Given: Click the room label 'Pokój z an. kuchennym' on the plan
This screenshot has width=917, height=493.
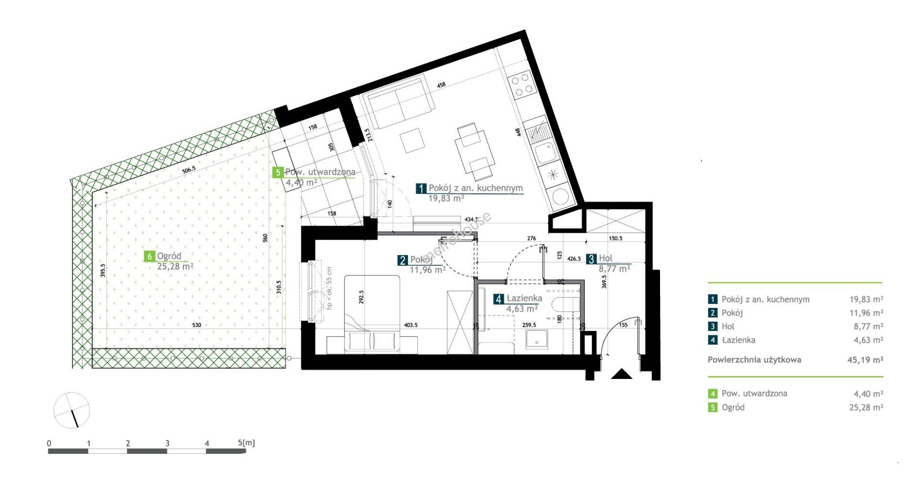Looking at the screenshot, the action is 476,188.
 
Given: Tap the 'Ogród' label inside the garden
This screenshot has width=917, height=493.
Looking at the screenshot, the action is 169,256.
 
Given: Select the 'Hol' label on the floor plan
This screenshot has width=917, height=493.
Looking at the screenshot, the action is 606,259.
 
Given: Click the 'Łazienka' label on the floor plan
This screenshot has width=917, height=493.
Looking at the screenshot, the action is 524,298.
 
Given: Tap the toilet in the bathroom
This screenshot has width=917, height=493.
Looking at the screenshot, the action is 565,305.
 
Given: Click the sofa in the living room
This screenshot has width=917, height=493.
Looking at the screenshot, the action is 398,101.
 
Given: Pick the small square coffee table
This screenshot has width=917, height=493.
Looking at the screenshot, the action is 413,140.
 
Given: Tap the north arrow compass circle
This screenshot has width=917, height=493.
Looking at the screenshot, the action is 72,410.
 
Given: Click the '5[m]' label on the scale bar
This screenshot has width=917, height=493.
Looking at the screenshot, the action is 246,443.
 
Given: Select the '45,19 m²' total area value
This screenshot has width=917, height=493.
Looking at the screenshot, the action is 865,360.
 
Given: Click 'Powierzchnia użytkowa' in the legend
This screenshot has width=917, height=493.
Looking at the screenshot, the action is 755,360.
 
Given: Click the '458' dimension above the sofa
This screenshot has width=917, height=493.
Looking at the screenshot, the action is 441,84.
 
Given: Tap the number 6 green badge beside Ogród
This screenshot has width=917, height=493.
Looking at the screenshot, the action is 149,256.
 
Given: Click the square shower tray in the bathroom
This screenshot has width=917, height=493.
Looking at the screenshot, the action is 538,340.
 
